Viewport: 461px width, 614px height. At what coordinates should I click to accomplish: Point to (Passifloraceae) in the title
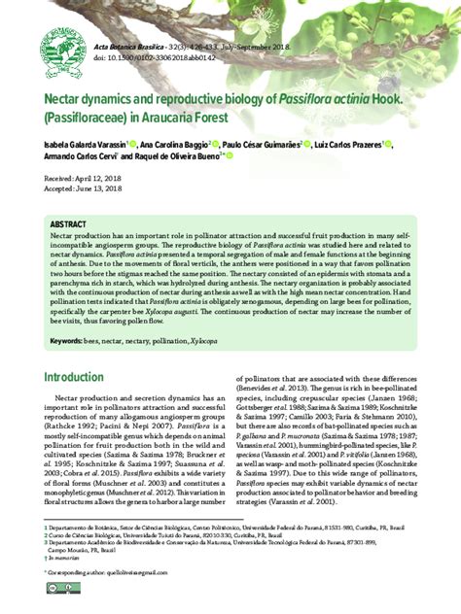click(x=94, y=119)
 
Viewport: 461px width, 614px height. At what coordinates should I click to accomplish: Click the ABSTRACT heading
click(x=68, y=224)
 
